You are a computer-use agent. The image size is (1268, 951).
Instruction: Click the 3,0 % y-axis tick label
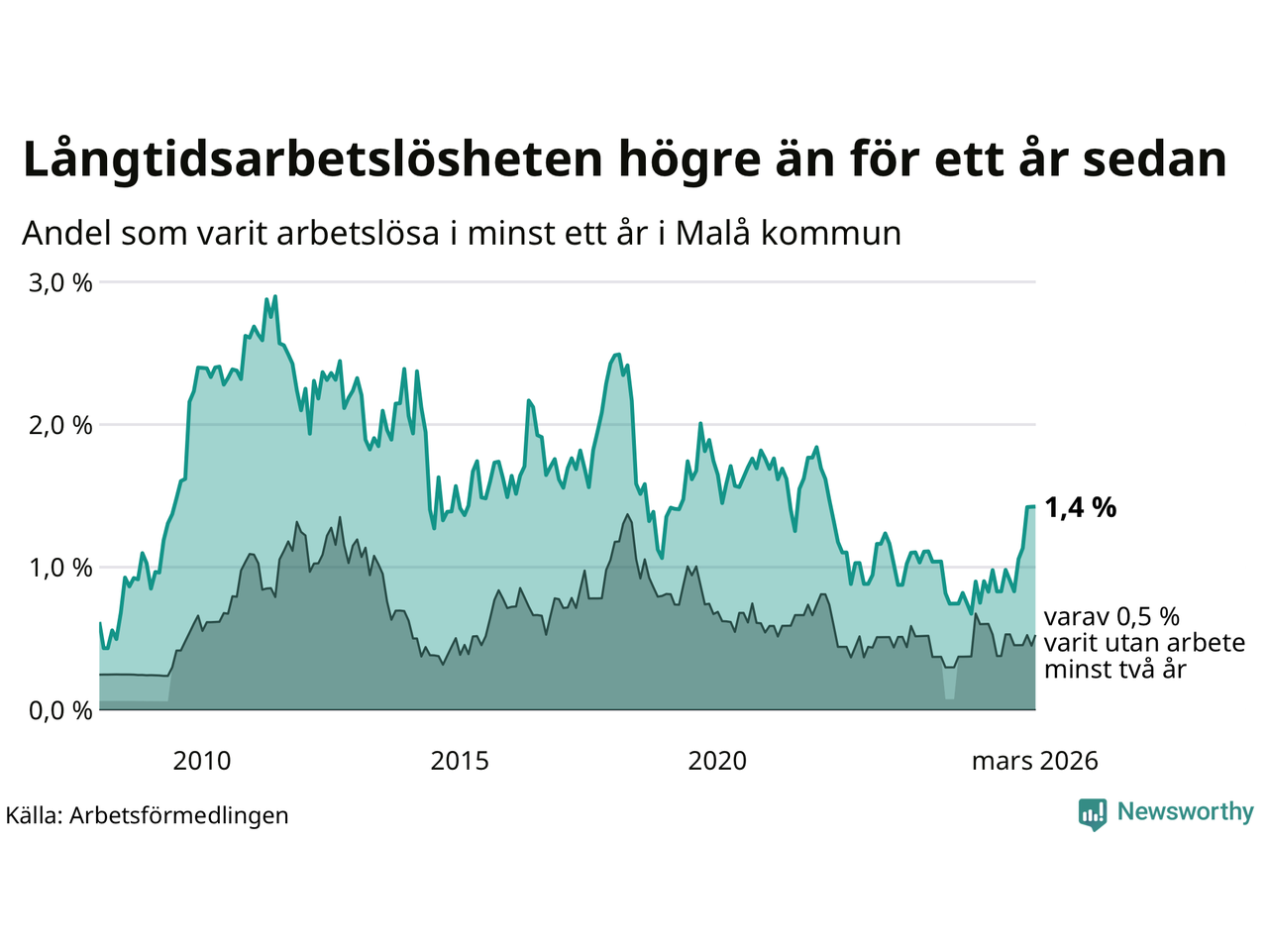coord(60,283)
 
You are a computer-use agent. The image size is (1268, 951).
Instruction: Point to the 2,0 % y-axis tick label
coord(60,426)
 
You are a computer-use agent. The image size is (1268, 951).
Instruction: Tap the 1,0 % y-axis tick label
coord(60,569)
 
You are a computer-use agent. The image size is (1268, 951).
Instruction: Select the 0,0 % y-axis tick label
coord(60,711)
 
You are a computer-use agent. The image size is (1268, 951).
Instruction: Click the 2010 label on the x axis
coord(201,761)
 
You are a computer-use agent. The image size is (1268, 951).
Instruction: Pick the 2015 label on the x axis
coord(460,761)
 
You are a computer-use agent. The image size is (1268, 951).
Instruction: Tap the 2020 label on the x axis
coord(717,761)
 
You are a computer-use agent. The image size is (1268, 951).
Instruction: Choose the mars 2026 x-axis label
coord(1034,761)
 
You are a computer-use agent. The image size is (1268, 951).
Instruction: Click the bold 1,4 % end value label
coord(1080,508)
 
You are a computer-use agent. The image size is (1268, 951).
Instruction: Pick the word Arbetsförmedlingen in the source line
coord(179,816)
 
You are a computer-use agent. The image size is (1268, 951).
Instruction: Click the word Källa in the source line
coord(34,816)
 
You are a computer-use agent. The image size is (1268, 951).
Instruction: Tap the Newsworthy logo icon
coord(1093,813)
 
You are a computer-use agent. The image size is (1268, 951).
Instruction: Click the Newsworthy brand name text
coord(1185,812)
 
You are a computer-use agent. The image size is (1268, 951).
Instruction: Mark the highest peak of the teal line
coord(274,295)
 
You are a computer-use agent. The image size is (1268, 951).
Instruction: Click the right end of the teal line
coord(1035,506)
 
